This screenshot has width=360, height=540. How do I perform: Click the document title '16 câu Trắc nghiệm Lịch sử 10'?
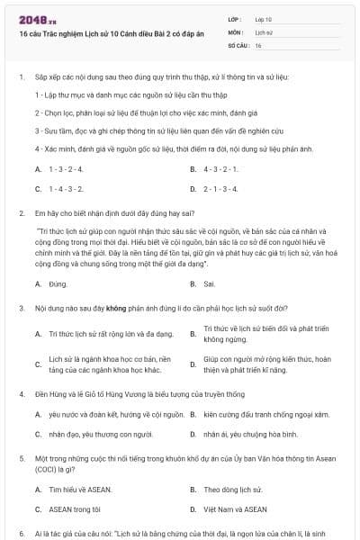point(108,33)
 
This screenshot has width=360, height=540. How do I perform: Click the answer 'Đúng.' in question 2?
point(58,283)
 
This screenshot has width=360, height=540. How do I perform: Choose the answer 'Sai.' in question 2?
point(210,283)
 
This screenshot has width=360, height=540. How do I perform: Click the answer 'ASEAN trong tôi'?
point(73,509)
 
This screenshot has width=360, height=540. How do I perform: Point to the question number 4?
point(21,394)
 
